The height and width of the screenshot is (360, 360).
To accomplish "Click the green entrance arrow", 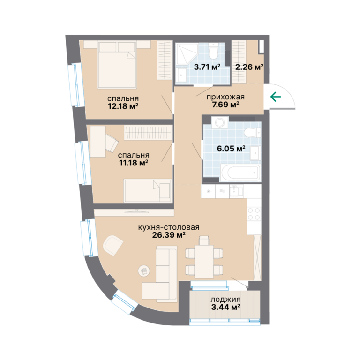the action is click(x=276, y=97).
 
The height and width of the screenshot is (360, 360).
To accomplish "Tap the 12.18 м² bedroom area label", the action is click(x=123, y=106).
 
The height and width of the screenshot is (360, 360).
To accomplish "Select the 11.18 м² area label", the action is click(x=134, y=163).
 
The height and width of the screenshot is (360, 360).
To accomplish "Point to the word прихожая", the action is click(x=225, y=97).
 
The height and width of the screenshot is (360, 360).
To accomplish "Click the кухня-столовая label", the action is click(x=169, y=227).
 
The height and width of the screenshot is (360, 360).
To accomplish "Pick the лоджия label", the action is click(x=225, y=300).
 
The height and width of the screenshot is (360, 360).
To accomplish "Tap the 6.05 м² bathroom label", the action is click(x=231, y=149).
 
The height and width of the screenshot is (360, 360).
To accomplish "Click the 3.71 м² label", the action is click(x=207, y=67).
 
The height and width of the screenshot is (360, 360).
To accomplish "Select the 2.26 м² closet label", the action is click(x=249, y=67).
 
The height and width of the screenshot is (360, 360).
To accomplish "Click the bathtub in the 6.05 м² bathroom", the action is click(x=240, y=173).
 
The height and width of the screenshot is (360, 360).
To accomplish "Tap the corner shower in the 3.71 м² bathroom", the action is click(x=187, y=54).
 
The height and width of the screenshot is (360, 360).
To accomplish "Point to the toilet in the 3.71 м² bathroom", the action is click(x=214, y=51).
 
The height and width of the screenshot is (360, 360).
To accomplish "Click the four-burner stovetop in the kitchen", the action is click(x=254, y=214).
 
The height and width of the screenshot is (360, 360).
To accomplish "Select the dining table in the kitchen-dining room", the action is click(x=204, y=262).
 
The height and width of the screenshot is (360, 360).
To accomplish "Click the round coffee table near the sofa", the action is click(x=144, y=271).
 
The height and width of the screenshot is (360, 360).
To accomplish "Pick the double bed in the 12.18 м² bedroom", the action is click(x=117, y=65).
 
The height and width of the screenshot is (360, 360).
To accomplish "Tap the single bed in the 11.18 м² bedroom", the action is click(x=148, y=191).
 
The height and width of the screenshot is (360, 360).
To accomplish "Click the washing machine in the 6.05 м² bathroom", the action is click(x=220, y=123).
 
